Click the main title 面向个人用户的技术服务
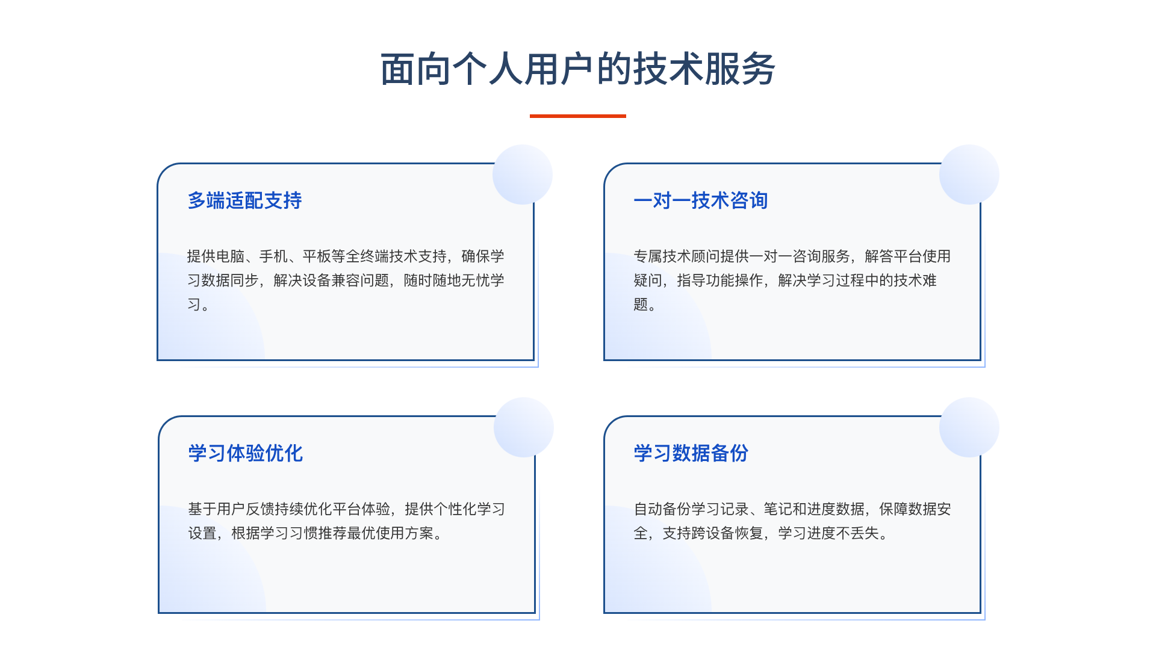[578, 69]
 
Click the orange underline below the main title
[578, 116]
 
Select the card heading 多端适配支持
[244, 200]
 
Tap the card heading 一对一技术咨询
[700, 200]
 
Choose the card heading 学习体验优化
[245, 453]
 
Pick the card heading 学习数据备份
[691, 453]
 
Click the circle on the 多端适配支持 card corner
[523, 175]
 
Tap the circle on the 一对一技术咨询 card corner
[969, 175]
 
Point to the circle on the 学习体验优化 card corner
[524, 427]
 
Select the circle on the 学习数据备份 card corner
[969, 427]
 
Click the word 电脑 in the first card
[230, 256]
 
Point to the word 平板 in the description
[317, 256]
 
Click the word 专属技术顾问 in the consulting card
[677, 256]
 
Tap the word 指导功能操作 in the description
[720, 280]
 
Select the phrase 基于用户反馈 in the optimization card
[231, 509]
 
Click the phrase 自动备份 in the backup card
[662, 509]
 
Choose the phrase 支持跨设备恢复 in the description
[713, 533]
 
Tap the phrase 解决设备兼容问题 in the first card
[331, 280]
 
